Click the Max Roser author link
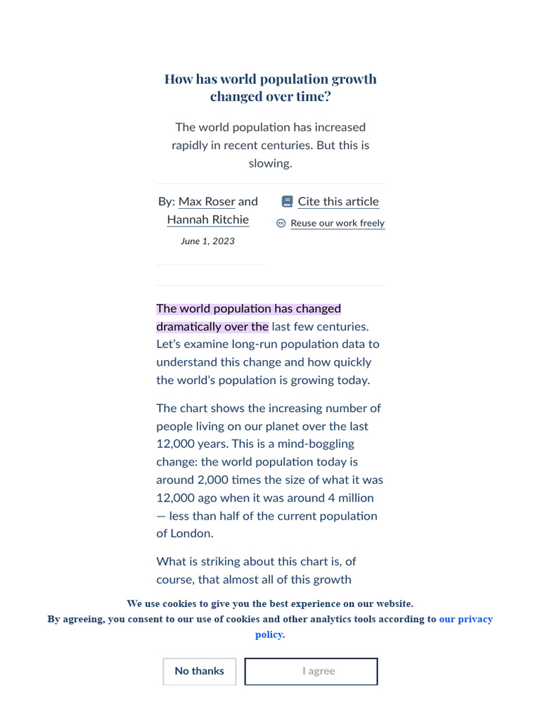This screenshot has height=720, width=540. tap(207, 202)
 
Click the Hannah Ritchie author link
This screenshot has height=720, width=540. tap(207, 219)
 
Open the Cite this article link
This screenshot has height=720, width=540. tap(337, 202)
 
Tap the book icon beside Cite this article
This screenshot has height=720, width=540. tap(287, 202)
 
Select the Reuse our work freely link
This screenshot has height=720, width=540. tap(337, 223)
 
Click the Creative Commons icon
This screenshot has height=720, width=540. tap(281, 223)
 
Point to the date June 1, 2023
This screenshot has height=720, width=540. tap(207, 241)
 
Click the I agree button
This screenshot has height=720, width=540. tap(311, 671)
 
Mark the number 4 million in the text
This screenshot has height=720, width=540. tap(349, 498)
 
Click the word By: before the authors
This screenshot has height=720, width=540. tap(167, 202)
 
